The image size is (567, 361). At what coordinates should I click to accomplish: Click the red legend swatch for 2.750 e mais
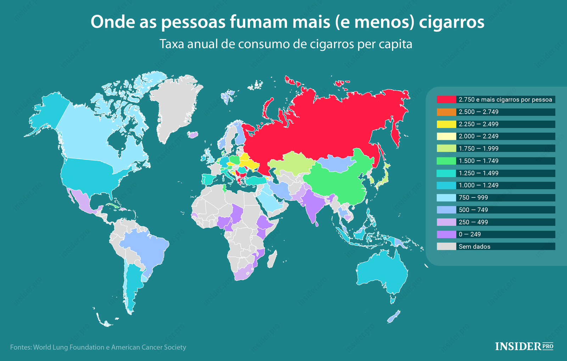click(446, 99)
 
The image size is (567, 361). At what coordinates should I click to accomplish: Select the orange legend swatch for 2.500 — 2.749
click(446, 112)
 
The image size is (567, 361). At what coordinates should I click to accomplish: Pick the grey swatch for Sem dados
click(446, 246)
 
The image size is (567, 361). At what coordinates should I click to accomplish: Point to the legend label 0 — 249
click(470, 234)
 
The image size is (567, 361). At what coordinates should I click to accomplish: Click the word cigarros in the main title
click(451, 22)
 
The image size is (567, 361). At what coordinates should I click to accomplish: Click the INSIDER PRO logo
click(524, 346)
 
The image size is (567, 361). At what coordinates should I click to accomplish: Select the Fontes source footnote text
click(98, 347)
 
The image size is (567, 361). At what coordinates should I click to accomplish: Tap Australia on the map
click(383, 273)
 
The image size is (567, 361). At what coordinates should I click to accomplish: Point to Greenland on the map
click(175, 106)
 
